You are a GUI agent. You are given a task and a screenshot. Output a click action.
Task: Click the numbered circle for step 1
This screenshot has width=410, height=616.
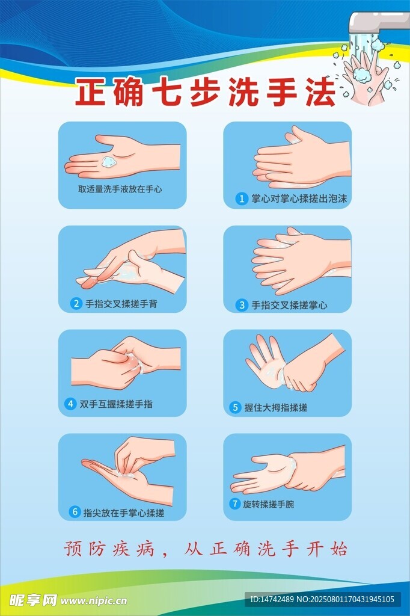[242, 199]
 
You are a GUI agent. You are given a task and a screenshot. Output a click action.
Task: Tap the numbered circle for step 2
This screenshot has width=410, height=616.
[76, 303]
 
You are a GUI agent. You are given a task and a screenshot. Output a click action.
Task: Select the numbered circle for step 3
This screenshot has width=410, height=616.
[242, 305]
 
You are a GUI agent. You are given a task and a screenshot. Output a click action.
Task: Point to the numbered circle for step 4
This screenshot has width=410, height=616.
[70, 404]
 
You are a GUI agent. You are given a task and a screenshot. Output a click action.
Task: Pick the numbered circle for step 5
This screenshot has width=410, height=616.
[235, 407]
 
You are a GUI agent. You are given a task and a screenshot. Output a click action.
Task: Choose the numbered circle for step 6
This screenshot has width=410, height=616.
[75, 512]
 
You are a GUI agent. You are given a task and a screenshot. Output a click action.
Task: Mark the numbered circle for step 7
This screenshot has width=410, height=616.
[235, 504]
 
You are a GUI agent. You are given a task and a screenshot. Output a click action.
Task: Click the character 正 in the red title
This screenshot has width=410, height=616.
[91, 92]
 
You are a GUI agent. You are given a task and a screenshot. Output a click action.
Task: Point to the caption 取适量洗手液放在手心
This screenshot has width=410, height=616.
[120, 189]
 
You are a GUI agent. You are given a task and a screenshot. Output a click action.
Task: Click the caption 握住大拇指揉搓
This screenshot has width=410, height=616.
[276, 407]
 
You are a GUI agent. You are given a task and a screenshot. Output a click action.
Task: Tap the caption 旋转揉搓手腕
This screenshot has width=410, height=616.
[268, 504]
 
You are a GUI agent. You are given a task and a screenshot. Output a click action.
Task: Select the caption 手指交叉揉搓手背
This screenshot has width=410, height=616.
[121, 304]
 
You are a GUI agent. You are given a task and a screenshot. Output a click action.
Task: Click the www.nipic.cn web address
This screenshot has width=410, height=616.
[94, 601]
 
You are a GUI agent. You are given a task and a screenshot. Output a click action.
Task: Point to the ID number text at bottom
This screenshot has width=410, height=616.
[322, 599]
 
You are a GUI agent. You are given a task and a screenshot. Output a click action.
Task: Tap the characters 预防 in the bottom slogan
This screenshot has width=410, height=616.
[85, 549]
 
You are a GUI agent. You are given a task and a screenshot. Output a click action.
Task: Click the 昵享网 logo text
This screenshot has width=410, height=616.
[34, 600]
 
